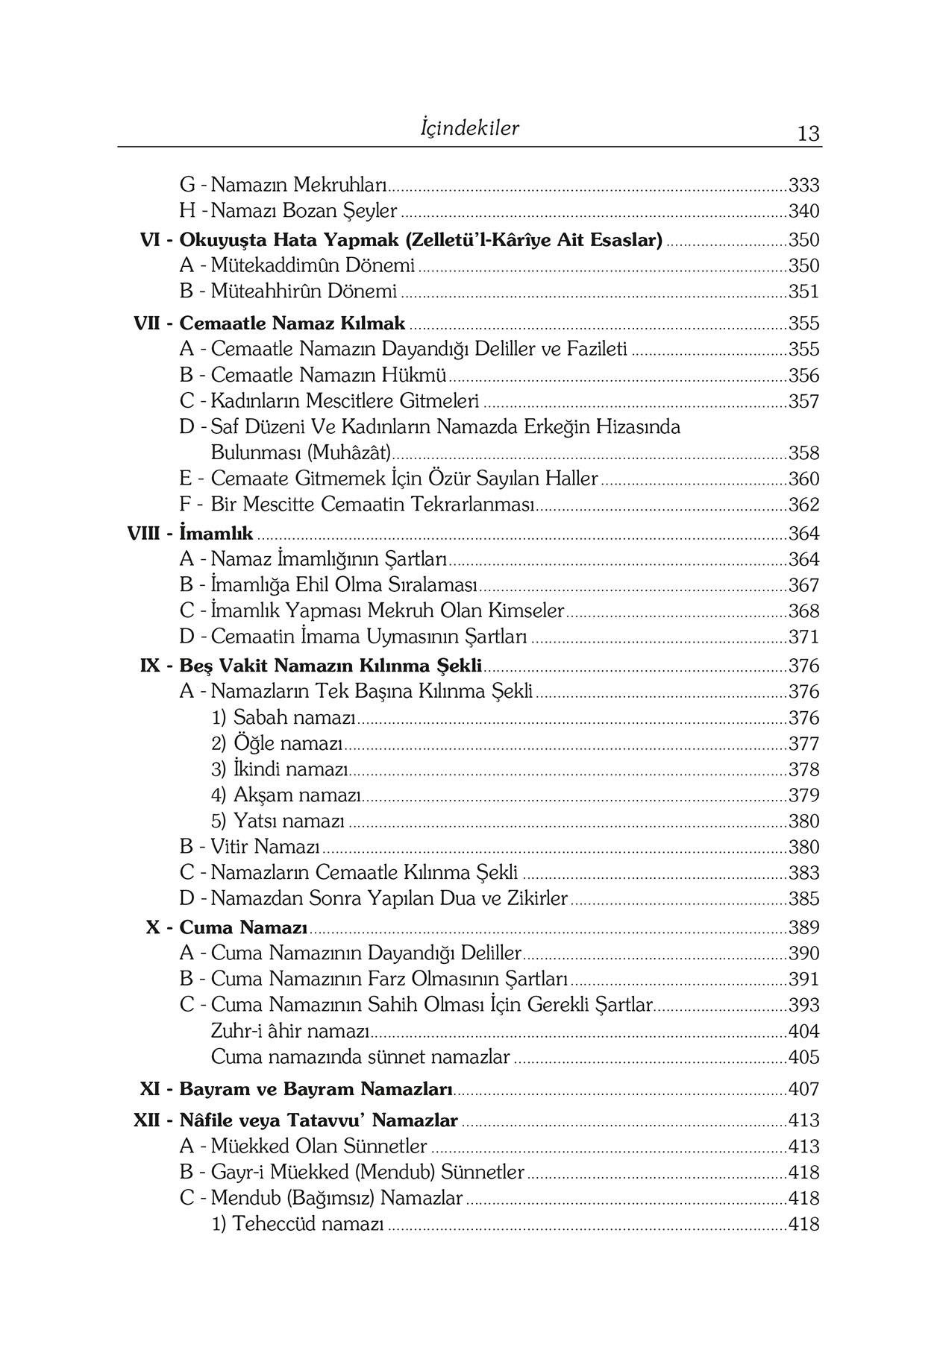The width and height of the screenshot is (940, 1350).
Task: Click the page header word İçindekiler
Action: pos(469,128)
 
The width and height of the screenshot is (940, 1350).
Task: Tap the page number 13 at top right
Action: pos(808,133)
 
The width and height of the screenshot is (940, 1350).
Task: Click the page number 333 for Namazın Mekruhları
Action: pos(803,185)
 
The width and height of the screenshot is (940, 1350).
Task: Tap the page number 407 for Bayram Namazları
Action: pos(803,1089)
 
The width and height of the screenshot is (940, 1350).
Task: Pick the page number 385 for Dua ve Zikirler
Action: pos(803,898)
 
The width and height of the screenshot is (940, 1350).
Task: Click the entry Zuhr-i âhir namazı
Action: pos(290,1031)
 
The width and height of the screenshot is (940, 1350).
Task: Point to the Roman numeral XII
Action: pos(146,1120)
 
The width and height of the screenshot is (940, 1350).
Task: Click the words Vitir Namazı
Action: pos(265,847)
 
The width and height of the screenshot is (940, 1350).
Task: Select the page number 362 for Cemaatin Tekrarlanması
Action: pos(803,505)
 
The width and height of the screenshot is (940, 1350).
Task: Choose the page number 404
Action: pos(803,1031)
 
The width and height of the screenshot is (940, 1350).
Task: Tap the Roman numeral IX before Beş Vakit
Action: pos(150,666)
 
